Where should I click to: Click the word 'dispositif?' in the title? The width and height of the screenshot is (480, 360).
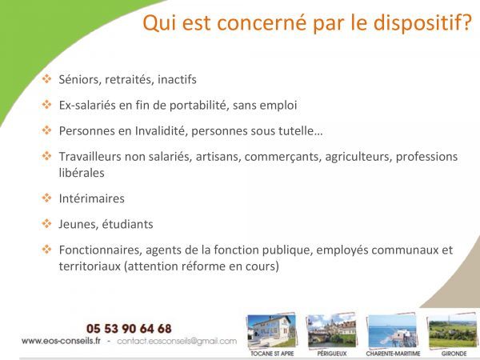coord(422,23)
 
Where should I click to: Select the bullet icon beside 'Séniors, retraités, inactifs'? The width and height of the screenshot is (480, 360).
coord(47,78)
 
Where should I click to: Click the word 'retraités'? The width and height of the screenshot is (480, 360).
coord(129,79)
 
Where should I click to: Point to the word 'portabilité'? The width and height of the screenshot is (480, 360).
coord(199,106)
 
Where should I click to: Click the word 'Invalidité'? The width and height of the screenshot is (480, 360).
coord(161,131)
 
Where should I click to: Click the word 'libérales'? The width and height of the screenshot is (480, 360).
coord(82,173)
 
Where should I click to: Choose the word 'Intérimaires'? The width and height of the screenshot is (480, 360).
coord(91,198)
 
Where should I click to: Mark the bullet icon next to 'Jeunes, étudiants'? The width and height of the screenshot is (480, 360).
coord(47,223)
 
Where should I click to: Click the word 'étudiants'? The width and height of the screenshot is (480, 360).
coord(127,224)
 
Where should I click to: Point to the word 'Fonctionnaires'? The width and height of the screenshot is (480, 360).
coord(101,250)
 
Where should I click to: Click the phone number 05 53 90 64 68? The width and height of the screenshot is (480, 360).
coord(129,329)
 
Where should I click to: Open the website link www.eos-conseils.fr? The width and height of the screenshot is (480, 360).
coord(61,341)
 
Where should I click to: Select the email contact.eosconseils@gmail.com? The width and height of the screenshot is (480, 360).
coord(177,341)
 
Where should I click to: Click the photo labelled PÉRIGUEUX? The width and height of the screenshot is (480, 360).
coord(332,331)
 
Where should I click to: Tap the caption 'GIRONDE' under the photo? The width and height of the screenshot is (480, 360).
coord(454,354)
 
